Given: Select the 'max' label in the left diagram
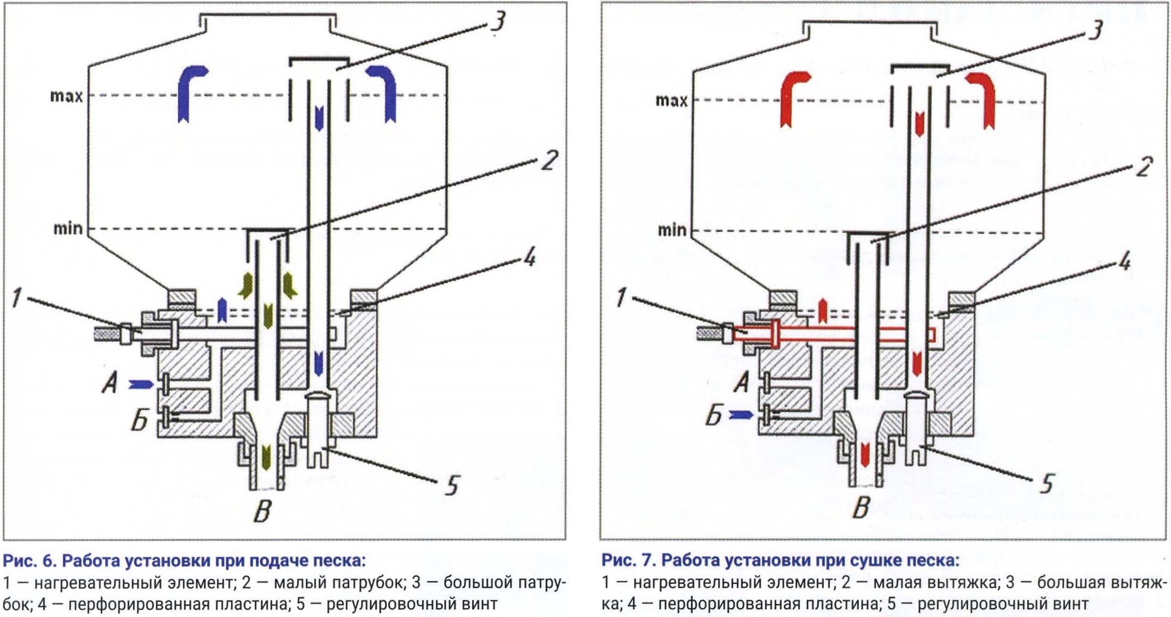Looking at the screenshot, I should pyautogui.click(x=67, y=96).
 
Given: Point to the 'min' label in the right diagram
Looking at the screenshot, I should pyautogui.click(x=672, y=230).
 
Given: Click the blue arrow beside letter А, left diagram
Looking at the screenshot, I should pyautogui.click(x=141, y=384).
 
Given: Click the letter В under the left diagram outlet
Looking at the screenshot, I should pyautogui.click(x=262, y=511).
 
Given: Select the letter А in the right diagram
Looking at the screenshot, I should pyautogui.click(x=741, y=382).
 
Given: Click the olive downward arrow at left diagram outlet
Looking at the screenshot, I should pyautogui.click(x=266, y=457).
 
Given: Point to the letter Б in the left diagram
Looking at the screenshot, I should pyautogui.click(x=140, y=422).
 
